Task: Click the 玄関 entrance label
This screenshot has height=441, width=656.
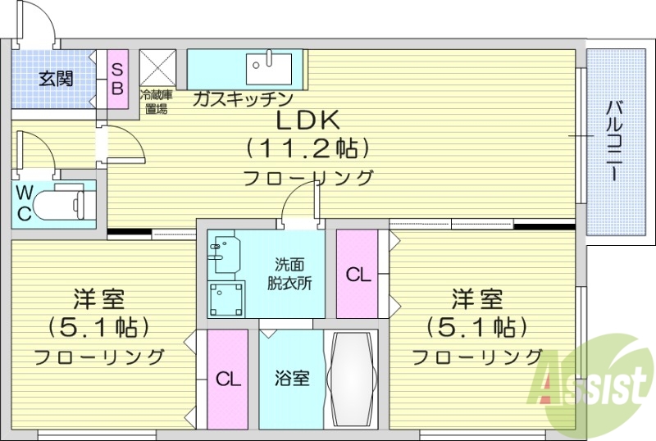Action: point(56,79)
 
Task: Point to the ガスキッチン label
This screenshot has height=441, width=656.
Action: point(243,99)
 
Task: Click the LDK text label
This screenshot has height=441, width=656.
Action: point(307,121)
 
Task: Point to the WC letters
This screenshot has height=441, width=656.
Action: point(25,203)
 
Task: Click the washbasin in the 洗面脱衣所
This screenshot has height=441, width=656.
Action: point(223,255)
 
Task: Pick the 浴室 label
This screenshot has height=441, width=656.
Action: point(291,379)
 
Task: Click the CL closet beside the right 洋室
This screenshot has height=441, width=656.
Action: point(358,275)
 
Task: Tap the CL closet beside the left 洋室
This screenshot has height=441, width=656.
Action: point(227,379)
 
